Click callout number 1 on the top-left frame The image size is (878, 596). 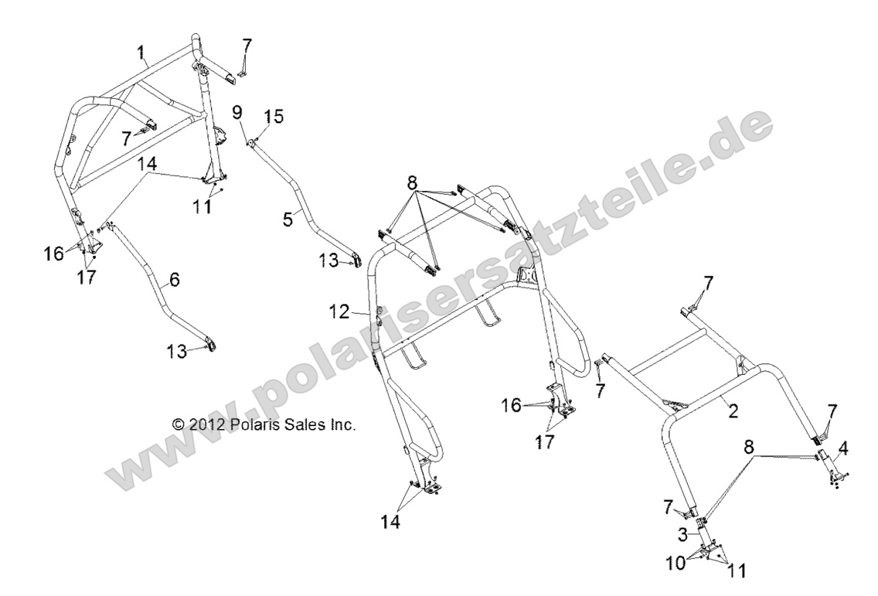coord(142,53)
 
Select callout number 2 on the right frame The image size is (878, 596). coord(733,411)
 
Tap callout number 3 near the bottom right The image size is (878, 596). coord(682,535)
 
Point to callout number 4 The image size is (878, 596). coord(843,448)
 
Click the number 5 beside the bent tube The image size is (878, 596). coord(288,219)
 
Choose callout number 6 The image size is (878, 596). coord(175,279)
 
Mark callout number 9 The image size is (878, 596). coord(237,112)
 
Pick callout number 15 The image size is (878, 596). coord(274,117)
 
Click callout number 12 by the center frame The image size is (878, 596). coord(340,312)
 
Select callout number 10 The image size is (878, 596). coord(677,563)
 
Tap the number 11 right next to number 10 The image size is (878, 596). coord(737,570)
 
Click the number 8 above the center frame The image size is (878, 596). coord(413,182)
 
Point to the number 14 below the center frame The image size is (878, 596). coord(391,522)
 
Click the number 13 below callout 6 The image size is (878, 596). coord(177,352)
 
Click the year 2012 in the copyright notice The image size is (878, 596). coord(206,424)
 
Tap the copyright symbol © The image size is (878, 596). coord(179,424)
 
